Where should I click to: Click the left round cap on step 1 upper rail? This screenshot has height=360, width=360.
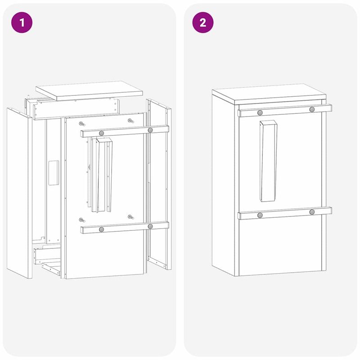(x=101, y=133)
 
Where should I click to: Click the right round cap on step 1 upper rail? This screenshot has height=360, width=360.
(x=150, y=130)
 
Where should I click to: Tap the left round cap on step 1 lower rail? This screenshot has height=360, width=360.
(x=101, y=229)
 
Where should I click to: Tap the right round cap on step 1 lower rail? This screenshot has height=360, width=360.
(x=150, y=226)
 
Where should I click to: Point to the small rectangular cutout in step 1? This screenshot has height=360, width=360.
(x=54, y=172)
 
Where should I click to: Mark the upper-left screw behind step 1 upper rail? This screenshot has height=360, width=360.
(x=81, y=123)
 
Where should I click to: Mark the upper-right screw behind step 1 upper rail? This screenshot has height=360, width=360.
(x=130, y=121)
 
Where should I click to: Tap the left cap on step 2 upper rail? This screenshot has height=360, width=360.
(x=260, y=112)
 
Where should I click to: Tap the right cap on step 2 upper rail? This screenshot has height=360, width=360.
(x=312, y=109)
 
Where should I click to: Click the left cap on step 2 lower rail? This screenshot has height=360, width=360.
(x=260, y=215)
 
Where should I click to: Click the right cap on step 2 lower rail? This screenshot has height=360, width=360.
(x=312, y=212)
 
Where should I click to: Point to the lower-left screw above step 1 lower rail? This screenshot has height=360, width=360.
(x=81, y=220)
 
